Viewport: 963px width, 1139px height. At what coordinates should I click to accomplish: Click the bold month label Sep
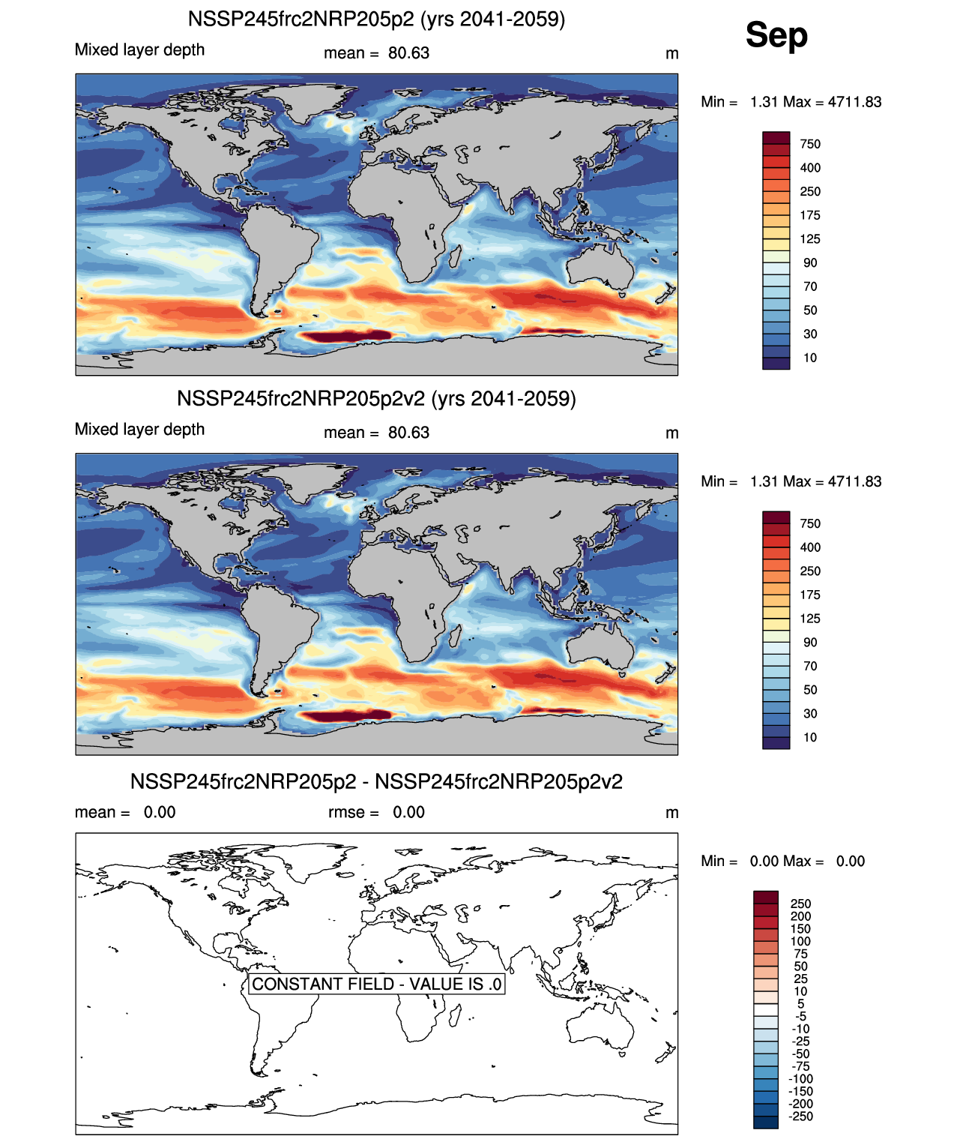tap(776, 35)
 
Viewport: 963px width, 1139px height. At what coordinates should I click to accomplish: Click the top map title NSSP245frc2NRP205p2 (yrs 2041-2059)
tap(376, 19)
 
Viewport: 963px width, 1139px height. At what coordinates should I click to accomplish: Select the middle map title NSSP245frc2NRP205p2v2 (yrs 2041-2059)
tap(376, 398)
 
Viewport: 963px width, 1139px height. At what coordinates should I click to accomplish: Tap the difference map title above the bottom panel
tap(376, 781)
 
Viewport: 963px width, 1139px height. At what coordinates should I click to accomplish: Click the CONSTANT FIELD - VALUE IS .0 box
tap(376, 984)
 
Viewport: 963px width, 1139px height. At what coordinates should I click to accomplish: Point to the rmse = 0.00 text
tap(376, 812)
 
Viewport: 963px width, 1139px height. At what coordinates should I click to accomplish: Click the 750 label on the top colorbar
tap(810, 144)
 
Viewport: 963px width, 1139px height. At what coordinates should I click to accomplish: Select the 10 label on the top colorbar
tap(810, 358)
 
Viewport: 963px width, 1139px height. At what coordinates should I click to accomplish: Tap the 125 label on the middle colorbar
tap(810, 619)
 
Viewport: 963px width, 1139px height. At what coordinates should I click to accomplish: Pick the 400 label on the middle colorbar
tap(810, 547)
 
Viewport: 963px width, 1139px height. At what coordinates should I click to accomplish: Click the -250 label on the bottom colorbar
tap(800, 1117)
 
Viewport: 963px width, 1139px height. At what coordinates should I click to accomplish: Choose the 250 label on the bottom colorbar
tap(800, 904)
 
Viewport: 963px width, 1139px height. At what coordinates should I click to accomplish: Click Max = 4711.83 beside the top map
tap(833, 102)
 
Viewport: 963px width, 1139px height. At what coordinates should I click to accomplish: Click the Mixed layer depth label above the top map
tap(139, 49)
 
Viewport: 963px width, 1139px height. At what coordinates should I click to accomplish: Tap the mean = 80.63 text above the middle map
tap(376, 433)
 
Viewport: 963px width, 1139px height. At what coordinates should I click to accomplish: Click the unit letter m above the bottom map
tap(671, 813)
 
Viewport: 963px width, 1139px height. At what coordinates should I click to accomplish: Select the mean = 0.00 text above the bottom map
tap(125, 812)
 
